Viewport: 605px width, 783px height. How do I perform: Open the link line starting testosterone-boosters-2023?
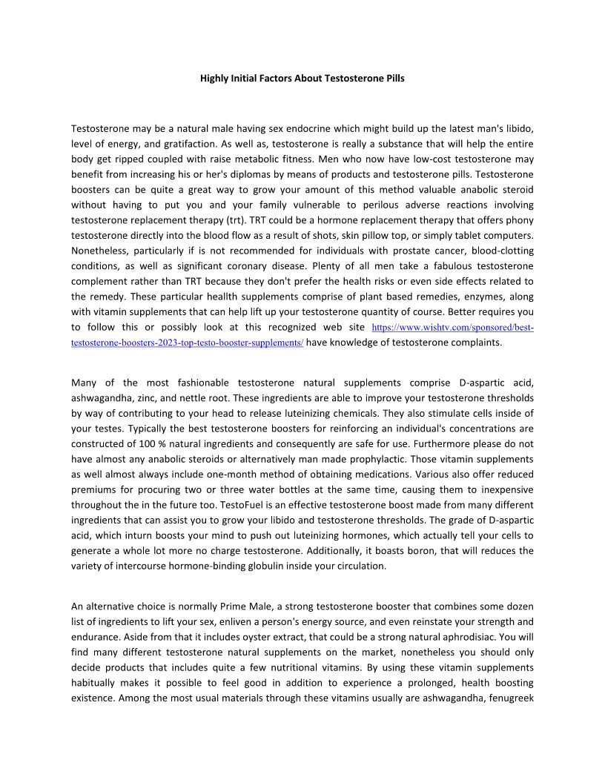tap(187, 343)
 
